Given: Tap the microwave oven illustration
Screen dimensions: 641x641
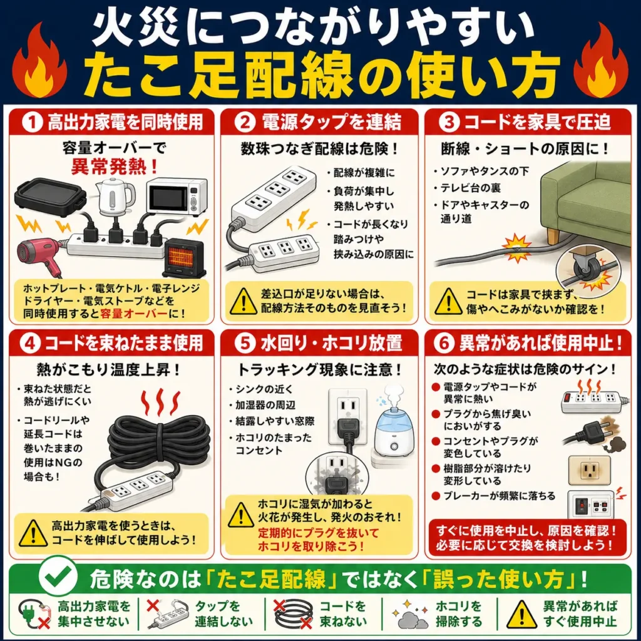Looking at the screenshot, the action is point(176,197).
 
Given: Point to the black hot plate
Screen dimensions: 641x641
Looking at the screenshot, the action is point(50,197).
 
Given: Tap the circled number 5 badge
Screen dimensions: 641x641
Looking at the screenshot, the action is point(245,342).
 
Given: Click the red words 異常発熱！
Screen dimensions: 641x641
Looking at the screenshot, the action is point(115,167).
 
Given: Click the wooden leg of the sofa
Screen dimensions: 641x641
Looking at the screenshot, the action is point(553,236).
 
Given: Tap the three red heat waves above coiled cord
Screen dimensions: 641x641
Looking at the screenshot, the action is point(160,402).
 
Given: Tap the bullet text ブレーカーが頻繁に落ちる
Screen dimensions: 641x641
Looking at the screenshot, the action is point(499,496).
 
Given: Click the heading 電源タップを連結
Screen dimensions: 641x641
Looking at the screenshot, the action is point(332,122).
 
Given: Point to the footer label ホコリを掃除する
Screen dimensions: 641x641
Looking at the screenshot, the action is point(459,613).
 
